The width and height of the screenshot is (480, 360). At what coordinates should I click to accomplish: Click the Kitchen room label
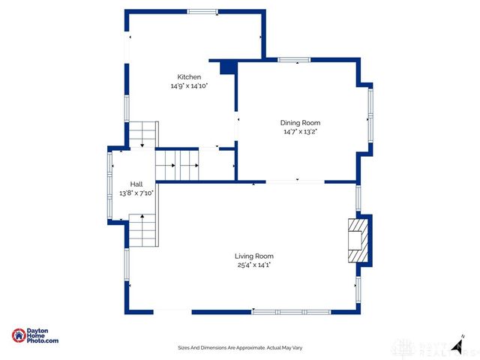click(188, 77)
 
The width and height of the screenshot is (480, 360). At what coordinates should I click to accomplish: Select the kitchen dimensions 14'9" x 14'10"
click(188, 86)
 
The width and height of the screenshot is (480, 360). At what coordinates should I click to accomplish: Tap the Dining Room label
click(300, 123)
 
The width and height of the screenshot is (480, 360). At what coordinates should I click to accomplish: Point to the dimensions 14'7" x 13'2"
click(300, 132)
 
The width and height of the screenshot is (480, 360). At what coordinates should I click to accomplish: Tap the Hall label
click(136, 184)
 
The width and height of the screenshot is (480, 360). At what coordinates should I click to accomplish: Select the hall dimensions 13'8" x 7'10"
click(136, 193)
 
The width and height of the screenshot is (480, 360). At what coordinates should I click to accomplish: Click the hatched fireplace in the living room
click(358, 240)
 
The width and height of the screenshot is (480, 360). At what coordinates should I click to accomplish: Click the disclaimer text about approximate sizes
click(240, 348)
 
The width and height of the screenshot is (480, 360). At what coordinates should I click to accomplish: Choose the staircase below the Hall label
click(143, 230)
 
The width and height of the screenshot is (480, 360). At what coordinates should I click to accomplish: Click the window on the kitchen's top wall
click(202, 11)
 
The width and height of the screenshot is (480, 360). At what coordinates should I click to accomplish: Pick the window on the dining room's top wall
click(294, 60)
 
